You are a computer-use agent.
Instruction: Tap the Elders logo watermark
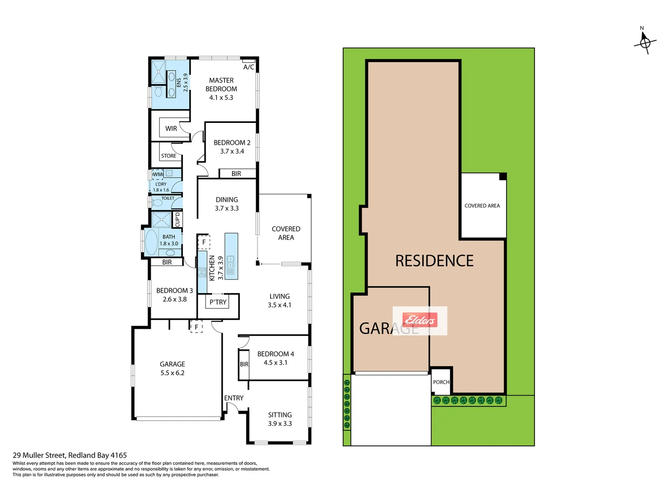420,320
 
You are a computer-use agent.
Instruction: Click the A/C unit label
249,67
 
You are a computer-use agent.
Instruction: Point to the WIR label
171,128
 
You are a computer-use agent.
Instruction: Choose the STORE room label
168,156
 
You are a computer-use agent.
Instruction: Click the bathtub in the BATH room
151,242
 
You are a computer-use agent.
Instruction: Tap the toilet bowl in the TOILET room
158,203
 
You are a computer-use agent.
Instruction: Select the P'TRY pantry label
218,302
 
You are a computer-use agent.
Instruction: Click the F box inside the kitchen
204,242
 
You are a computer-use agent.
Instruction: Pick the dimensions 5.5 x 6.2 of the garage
172,373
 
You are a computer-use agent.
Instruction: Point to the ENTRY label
234,398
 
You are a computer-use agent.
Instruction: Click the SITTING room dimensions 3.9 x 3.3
280,424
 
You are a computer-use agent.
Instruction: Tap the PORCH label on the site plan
441,382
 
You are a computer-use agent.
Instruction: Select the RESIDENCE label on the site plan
434,261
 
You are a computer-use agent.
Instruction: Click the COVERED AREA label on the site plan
482,206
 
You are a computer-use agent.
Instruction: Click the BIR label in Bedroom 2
236,173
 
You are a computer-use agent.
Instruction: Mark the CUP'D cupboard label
177,219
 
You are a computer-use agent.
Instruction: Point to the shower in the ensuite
159,72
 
